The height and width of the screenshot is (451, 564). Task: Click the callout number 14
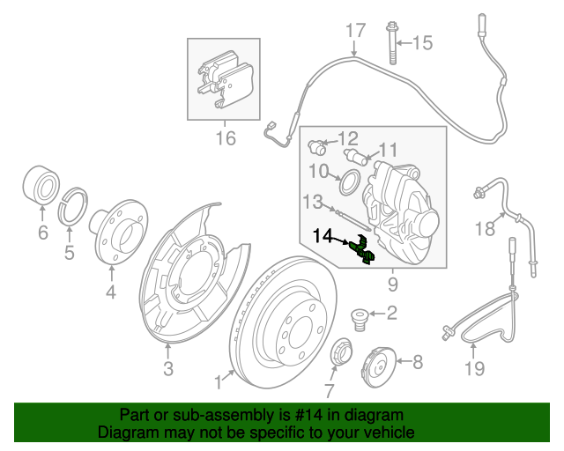pos(323,236)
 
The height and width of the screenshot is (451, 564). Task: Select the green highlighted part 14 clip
pos(361,250)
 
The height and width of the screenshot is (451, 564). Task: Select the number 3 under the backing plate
pos(168,368)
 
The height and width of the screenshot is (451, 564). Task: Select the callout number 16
pos(226,137)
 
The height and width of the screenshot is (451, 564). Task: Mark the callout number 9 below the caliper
pos(392,285)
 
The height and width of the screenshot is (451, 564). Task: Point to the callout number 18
pos(484,230)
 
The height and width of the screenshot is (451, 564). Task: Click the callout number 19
pos(474,368)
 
